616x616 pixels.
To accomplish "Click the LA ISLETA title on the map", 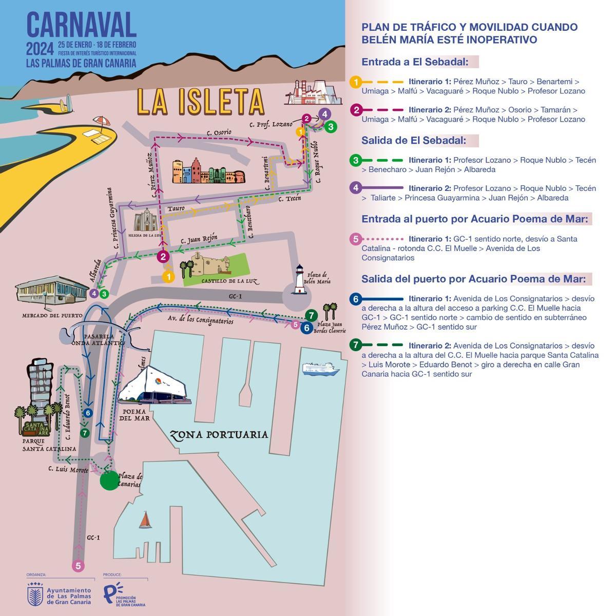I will coord(201,101).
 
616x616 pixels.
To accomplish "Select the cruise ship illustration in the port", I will coord(321,369).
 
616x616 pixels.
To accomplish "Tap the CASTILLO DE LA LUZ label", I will coord(222,281).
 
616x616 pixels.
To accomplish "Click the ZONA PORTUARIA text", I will coord(219,435).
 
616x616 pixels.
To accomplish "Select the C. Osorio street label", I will coord(219,132).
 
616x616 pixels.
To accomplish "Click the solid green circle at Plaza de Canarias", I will coord(109,480).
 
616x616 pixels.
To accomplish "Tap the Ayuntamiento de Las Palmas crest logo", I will coord(35,594).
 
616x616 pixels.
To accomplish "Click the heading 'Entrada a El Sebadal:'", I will coord(415,62).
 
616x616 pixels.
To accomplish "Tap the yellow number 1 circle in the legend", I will coord(355,82).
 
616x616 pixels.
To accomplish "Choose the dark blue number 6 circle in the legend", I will coord(355,299).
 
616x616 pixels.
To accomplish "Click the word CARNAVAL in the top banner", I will coord(82,24).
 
